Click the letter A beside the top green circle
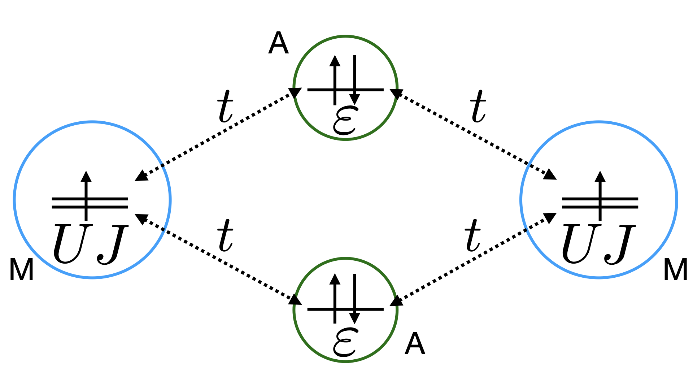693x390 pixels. point(278,43)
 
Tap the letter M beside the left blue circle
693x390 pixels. point(22,270)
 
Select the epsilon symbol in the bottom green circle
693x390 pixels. point(345,343)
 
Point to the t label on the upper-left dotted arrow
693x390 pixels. point(225,106)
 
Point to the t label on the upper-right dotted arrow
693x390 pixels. point(478,106)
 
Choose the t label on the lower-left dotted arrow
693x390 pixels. point(225,235)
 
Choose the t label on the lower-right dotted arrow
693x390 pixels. point(472,235)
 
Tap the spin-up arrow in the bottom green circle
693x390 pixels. point(335,298)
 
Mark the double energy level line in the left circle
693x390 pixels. point(108,203)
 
